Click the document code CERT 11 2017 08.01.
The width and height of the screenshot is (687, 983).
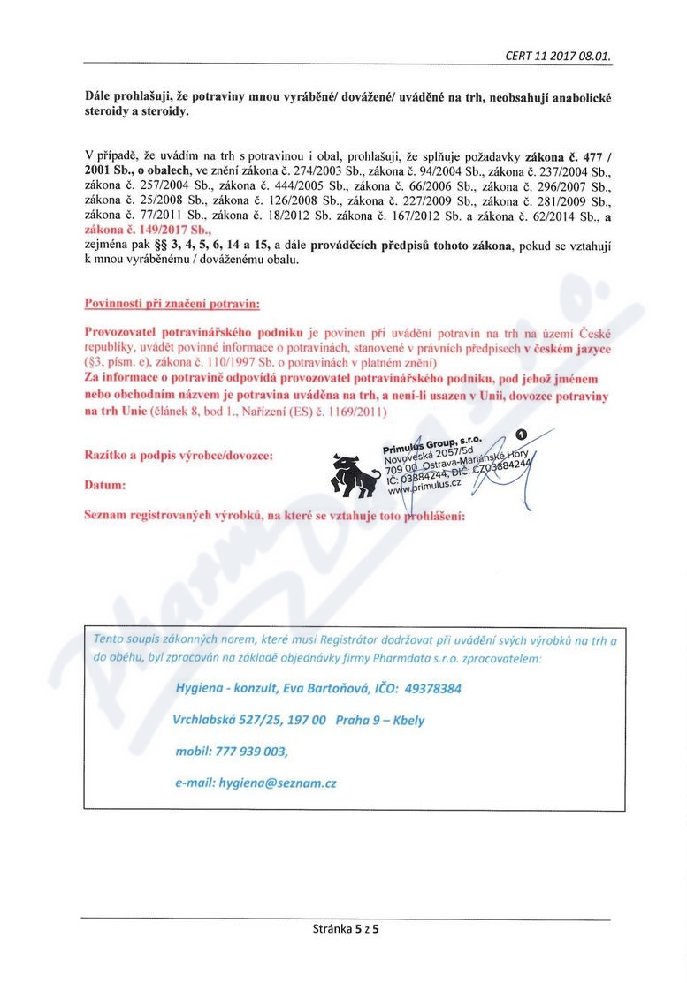pyautogui.click(x=558, y=56)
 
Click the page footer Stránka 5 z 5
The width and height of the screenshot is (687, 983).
pyautogui.click(x=346, y=928)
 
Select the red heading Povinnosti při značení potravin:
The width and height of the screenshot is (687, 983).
pyautogui.click(x=172, y=304)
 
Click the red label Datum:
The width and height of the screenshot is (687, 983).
pyautogui.click(x=104, y=485)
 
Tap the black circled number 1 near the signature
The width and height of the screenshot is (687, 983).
pyautogui.click(x=521, y=434)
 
